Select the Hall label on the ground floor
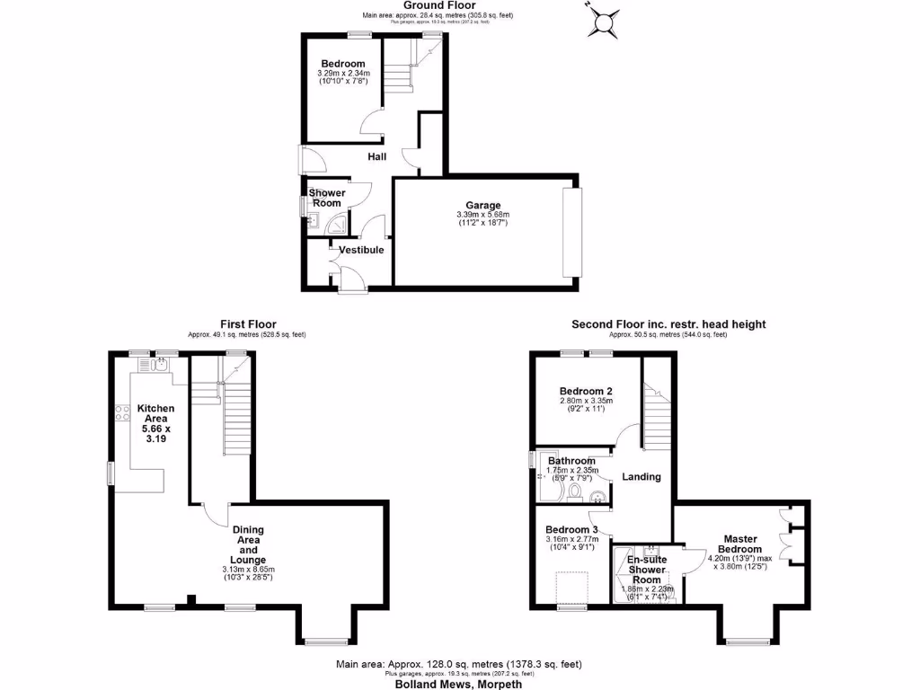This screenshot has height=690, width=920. click(x=376, y=157)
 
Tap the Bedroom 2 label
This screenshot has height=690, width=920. click(x=586, y=392)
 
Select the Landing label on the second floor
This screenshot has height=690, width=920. click(x=641, y=476)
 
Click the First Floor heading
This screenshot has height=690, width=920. click(x=248, y=324)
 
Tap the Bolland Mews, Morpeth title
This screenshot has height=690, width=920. click(x=458, y=684)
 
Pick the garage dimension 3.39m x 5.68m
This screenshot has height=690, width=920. click(x=482, y=215)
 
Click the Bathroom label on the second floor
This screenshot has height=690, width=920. click(x=571, y=461)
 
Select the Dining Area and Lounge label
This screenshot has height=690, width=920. click(x=248, y=544)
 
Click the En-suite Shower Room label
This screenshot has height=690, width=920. click(x=647, y=570)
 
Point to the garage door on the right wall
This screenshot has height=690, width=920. click(x=572, y=233)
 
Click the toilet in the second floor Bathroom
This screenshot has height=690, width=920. click(x=574, y=491)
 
